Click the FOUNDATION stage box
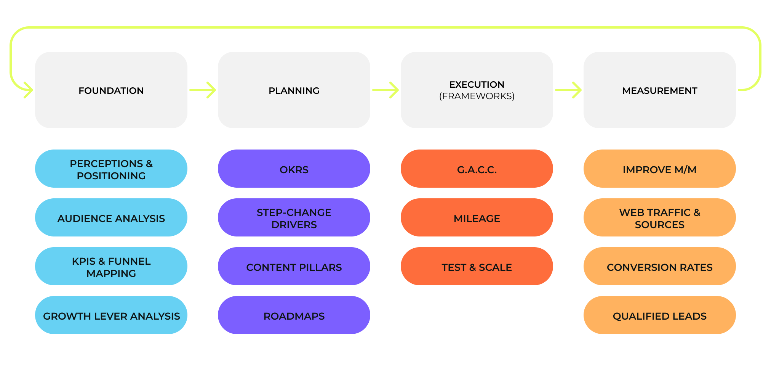[x=111, y=90]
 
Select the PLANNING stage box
[x=294, y=90]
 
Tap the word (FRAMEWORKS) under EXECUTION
[x=477, y=96]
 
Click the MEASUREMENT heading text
[x=659, y=90]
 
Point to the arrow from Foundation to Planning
[x=203, y=90]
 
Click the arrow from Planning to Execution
[x=385, y=90]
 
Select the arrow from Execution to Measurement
[x=568, y=90]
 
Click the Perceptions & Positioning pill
[x=111, y=169]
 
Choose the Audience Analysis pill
[x=111, y=218]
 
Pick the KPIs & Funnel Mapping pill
[x=111, y=267]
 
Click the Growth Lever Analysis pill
[x=111, y=315]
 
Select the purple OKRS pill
[x=294, y=169]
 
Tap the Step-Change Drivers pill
[x=294, y=218]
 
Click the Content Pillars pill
[x=294, y=267]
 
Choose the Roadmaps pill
[x=294, y=315]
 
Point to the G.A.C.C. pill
[x=477, y=169]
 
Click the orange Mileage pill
[x=477, y=218]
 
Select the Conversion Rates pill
[x=659, y=267]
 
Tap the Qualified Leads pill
[x=659, y=315]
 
